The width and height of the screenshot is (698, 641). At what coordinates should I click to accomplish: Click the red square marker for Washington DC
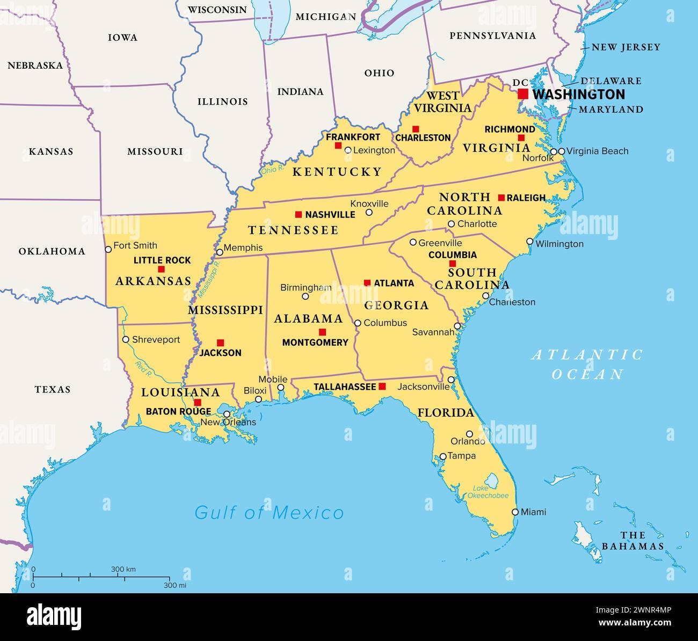pos(523,94)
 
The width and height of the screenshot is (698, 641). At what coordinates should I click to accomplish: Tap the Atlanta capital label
pos(394,283)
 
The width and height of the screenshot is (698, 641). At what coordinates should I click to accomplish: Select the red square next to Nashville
pos(299,214)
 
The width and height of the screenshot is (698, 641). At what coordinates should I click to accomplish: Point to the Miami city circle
pos(515,512)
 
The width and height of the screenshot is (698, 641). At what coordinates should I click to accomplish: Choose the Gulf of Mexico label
pos(269,513)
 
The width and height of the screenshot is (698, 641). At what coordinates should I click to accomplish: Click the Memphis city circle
pos(219,252)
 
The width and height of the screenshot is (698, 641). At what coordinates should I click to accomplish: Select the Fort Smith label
pos(136,245)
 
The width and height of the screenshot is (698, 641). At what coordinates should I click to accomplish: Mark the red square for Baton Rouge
pos(198,403)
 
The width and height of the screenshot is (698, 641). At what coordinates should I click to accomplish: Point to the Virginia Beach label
pos(597,151)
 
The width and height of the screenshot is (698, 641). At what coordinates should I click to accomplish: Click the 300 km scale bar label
pos(123,569)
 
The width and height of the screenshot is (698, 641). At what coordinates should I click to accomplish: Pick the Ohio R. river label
pos(272,170)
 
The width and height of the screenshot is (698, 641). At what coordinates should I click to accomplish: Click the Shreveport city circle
pos(126,339)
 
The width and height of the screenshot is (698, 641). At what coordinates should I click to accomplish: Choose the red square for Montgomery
pos(322,332)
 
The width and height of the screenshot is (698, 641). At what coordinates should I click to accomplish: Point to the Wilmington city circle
pos(530,242)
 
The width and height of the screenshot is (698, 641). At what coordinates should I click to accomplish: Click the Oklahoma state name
pos(52,251)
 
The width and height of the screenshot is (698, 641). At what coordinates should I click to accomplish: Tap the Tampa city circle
pos(443,456)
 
